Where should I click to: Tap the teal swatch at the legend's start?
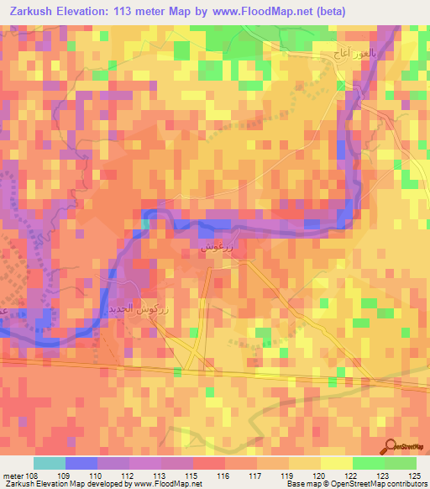pos(49,463)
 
